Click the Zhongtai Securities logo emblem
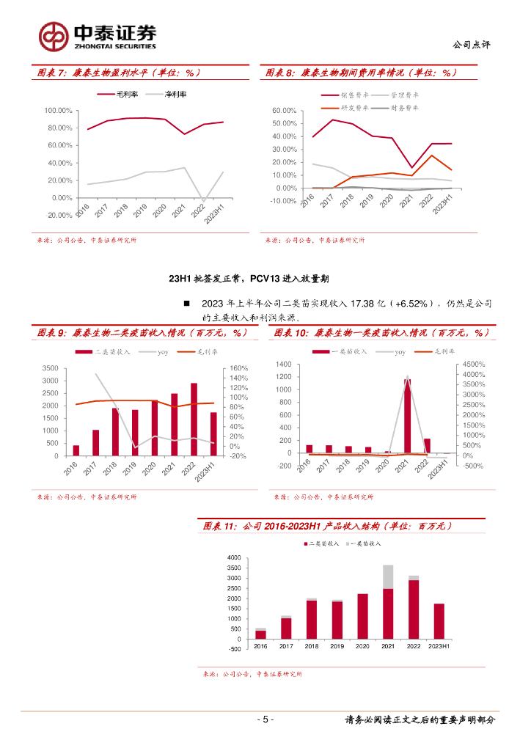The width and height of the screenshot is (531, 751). pos(54,34)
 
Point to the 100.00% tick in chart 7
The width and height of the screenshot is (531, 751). pos(58,111)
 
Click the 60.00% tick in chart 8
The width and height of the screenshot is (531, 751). pos(284,111)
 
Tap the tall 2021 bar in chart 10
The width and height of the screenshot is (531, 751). pos(407,416)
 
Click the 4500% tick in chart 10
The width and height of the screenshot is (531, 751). pos(473,364)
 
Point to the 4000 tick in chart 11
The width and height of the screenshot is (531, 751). pos(234,558)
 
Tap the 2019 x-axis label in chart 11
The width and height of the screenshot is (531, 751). pos(337,647)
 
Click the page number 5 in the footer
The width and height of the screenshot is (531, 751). pos(266,719)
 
